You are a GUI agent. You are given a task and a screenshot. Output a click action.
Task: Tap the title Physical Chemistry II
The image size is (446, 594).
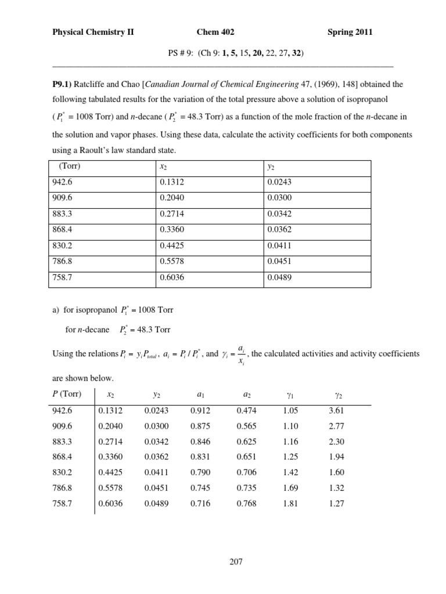[x=93, y=32]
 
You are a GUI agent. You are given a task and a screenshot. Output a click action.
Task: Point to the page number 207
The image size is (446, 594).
[x=236, y=562]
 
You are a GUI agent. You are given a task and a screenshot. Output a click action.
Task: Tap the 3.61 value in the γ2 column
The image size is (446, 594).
[x=337, y=410]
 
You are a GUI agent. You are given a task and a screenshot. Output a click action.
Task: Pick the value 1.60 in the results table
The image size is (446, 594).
[x=337, y=473]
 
